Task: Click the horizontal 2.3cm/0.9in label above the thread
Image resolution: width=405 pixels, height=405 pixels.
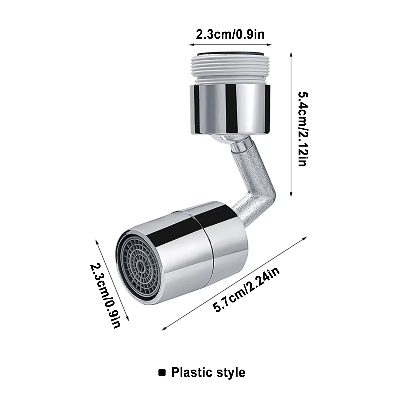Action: (230, 34)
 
